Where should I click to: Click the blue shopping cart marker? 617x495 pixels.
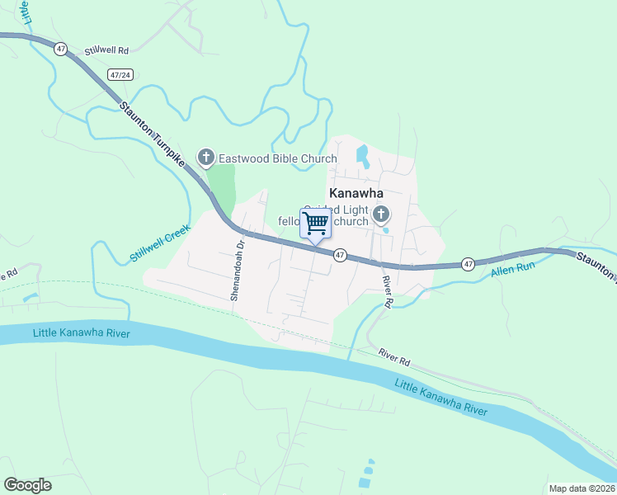[x=315, y=224]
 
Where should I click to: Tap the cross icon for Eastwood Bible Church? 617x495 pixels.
[x=205, y=157]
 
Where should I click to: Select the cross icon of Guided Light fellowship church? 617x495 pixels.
[x=380, y=215]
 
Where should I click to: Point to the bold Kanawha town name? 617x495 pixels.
[x=356, y=193]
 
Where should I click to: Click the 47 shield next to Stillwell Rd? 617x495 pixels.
[x=61, y=49]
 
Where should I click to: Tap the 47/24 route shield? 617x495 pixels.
[x=120, y=75]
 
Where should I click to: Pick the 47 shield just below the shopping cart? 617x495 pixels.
[x=340, y=256]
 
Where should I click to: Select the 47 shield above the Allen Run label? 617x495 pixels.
[x=468, y=264]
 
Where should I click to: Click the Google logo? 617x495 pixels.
[x=27, y=485]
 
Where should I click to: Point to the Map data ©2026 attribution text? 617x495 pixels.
[x=579, y=488]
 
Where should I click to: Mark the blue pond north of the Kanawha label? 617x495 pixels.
[x=361, y=154]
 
